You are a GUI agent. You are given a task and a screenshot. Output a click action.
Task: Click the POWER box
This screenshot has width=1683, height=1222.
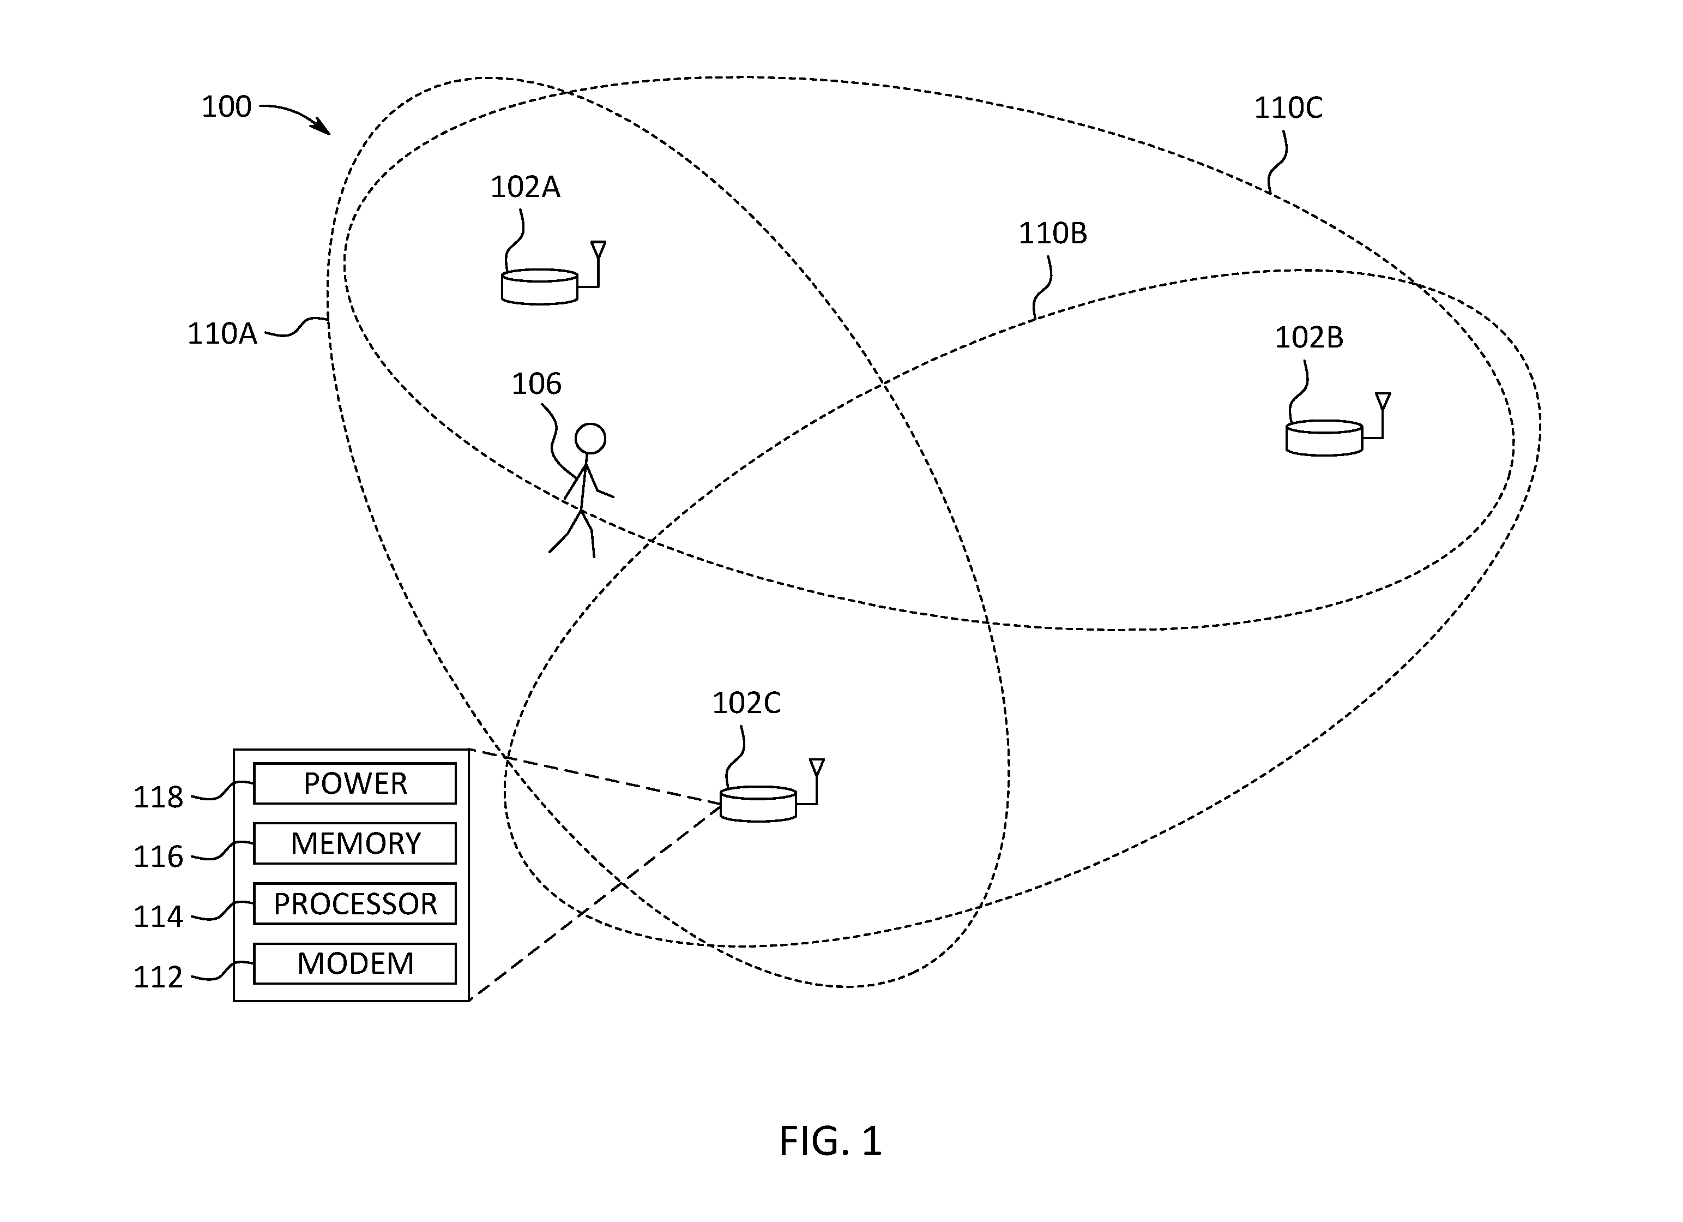pyautogui.click(x=355, y=783)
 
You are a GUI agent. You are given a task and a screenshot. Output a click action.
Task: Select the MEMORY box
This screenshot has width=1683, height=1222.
pyautogui.click(x=355, y=843)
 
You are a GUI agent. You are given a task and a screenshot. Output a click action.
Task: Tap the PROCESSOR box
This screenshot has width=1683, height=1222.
pyautogui.click(x=355, y=903)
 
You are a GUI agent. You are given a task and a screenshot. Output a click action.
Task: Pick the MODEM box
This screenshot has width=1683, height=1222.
pyautogui.click(x=355, y=963)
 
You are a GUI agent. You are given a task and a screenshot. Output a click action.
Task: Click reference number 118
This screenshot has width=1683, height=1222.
pyautogui.click(x=158, y=798)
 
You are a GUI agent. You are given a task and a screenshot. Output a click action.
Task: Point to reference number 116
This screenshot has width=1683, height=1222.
pyautogui.click(x=158, y=856)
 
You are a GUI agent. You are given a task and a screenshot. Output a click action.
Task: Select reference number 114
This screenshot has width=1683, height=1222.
pyautogui.click(x=158, y=917)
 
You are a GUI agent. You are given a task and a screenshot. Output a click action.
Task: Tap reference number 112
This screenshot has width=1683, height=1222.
pyautogui.click(x=158, y=977)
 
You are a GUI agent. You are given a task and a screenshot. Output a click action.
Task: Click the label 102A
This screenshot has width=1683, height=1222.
pyautogui.click(x=526, y=187)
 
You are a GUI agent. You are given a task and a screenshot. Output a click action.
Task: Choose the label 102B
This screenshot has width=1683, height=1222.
pyautogui.click(x=1309, y=338)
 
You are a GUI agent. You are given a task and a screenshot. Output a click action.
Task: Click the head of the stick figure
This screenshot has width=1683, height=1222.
pyautogui.click(x=590, y=439)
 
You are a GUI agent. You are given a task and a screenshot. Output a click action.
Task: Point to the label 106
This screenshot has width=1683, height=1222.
pyautogui.click(x=536, y=384)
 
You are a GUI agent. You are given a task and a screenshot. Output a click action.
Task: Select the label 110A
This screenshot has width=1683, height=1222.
pyautogui.click(x=222, y=334)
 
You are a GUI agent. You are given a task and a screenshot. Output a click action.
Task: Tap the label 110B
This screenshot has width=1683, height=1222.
pyautogui.click(x=1052, y=234)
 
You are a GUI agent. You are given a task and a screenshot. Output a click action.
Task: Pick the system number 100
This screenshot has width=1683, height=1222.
pyautogui.click(x=226, y=107)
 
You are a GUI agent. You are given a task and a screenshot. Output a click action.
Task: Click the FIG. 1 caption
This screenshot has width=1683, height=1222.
pyautogui.click(x=830, y=1141)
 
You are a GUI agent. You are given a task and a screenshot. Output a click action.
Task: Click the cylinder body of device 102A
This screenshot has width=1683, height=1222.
pyautogui.click(x=540, y=286)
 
